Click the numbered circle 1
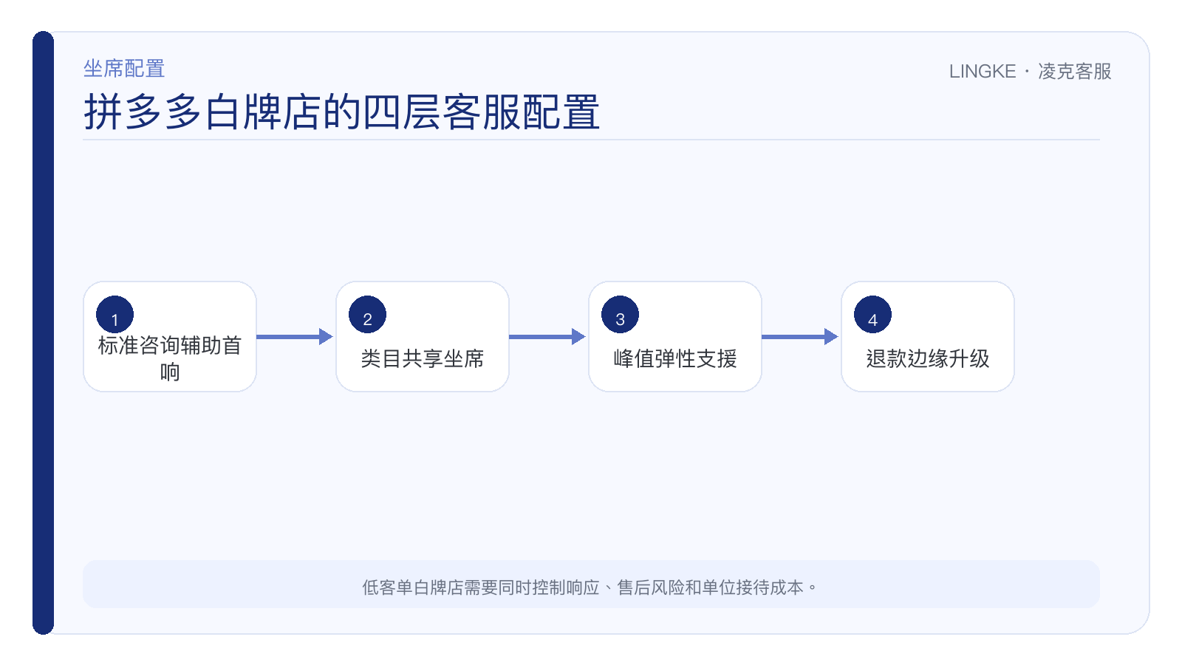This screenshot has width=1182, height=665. [115, 315]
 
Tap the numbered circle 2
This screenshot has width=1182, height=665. [367, 315]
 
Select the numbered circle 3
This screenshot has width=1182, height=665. [620, 315]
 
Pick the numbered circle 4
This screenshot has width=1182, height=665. [872, 315]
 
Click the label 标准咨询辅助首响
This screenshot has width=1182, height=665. [170, 359]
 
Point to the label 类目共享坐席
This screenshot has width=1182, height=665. [422, 359]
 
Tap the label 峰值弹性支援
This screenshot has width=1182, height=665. [675, 359]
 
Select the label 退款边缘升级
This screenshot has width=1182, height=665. [928, 359]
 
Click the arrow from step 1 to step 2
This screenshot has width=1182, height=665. [295, 337]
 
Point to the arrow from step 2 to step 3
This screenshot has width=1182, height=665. [547, 337]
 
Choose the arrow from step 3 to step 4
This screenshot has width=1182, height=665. [800, 337]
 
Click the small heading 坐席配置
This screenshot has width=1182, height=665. [124, 69]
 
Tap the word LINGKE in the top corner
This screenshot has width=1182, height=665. [983, 71]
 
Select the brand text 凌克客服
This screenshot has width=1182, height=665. [1075, 71]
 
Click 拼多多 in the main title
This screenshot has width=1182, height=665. [143, 112]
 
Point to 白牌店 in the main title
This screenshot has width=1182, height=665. [263, 112]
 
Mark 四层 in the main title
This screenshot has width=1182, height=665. [402, 112]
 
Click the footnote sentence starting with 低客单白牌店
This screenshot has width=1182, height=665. [590, 587]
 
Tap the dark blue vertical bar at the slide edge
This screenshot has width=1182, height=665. [44, 332]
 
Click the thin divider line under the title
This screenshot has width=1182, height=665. [591, 140]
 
